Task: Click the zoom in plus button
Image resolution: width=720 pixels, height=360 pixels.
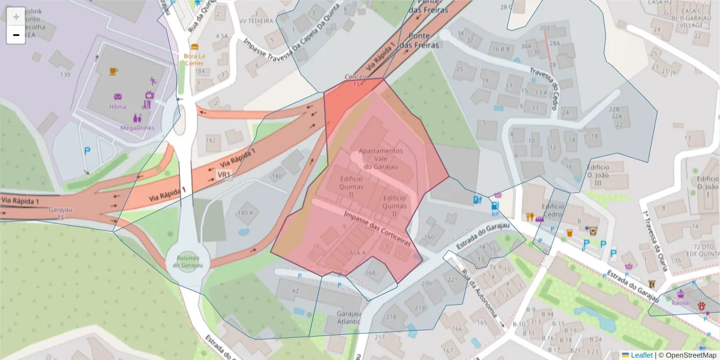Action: coord(16,16)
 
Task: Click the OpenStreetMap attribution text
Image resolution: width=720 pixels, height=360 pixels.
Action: coord(691,355)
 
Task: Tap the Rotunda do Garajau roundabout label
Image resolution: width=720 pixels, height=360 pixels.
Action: coord(188,262)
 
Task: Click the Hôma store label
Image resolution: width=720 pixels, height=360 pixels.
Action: coord(118,107)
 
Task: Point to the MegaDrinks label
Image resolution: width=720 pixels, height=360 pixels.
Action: coord(137,128)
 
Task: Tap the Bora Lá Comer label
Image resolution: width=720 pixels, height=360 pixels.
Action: coord(194,59)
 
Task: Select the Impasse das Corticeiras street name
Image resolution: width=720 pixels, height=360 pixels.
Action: coord(377,228)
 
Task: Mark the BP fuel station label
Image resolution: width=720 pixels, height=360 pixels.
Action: coord(495,213)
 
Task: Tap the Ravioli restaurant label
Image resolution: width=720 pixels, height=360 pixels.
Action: coord(680,303)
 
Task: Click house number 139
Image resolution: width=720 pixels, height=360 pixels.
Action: coord(65,74)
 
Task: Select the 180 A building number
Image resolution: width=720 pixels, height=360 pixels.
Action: coord(245,213)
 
